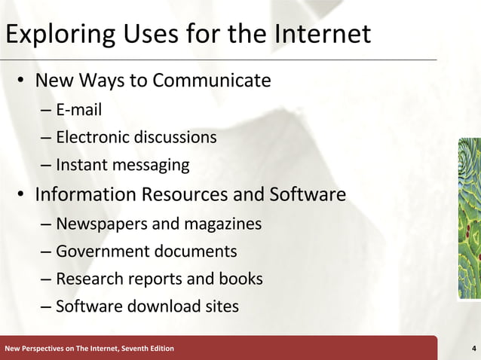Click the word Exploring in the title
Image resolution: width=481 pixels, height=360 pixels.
[x=57, y=35]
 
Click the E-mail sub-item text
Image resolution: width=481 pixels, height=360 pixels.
[x=78, y=111]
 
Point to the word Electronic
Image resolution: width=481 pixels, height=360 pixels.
[x=92, y=138]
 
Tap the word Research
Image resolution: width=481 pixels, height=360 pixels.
[x=87, y=279]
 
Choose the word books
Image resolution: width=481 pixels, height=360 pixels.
[x=240, y=279]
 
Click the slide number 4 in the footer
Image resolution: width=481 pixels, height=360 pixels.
[x=472, y=348]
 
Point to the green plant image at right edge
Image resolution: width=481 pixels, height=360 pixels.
[x=469, y=218]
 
